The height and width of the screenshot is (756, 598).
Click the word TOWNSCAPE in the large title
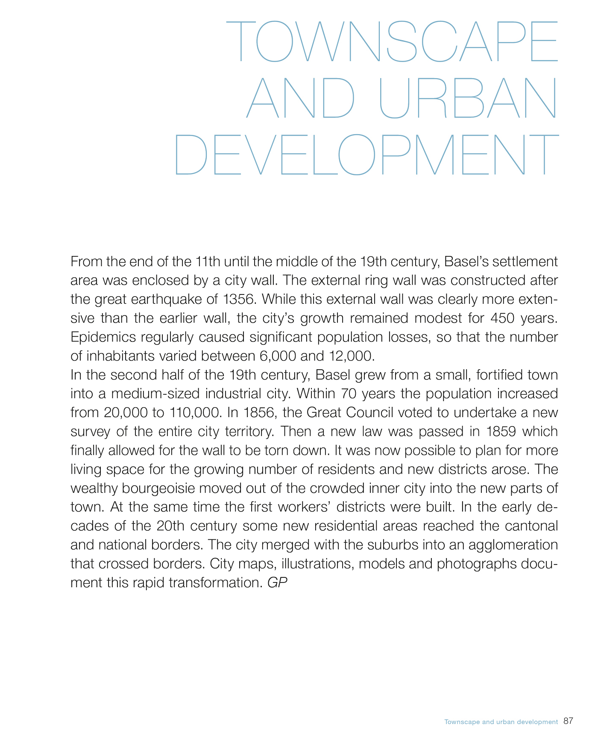tap(391, 41)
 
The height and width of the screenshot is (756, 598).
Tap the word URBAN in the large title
tap(468, 98)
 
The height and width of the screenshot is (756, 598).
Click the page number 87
tap(568, 721)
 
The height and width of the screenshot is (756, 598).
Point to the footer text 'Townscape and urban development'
tap(501, 722)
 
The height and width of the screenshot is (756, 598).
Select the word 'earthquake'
tap(163, 299)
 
